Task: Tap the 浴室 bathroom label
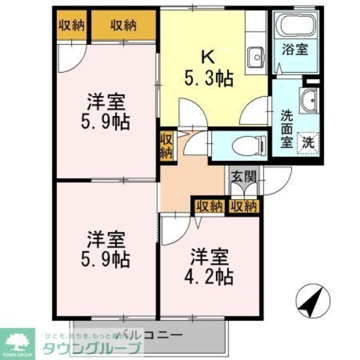295,49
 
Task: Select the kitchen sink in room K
256,56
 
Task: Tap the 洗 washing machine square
309,141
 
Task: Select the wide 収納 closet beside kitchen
124,25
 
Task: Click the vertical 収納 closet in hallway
166,145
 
